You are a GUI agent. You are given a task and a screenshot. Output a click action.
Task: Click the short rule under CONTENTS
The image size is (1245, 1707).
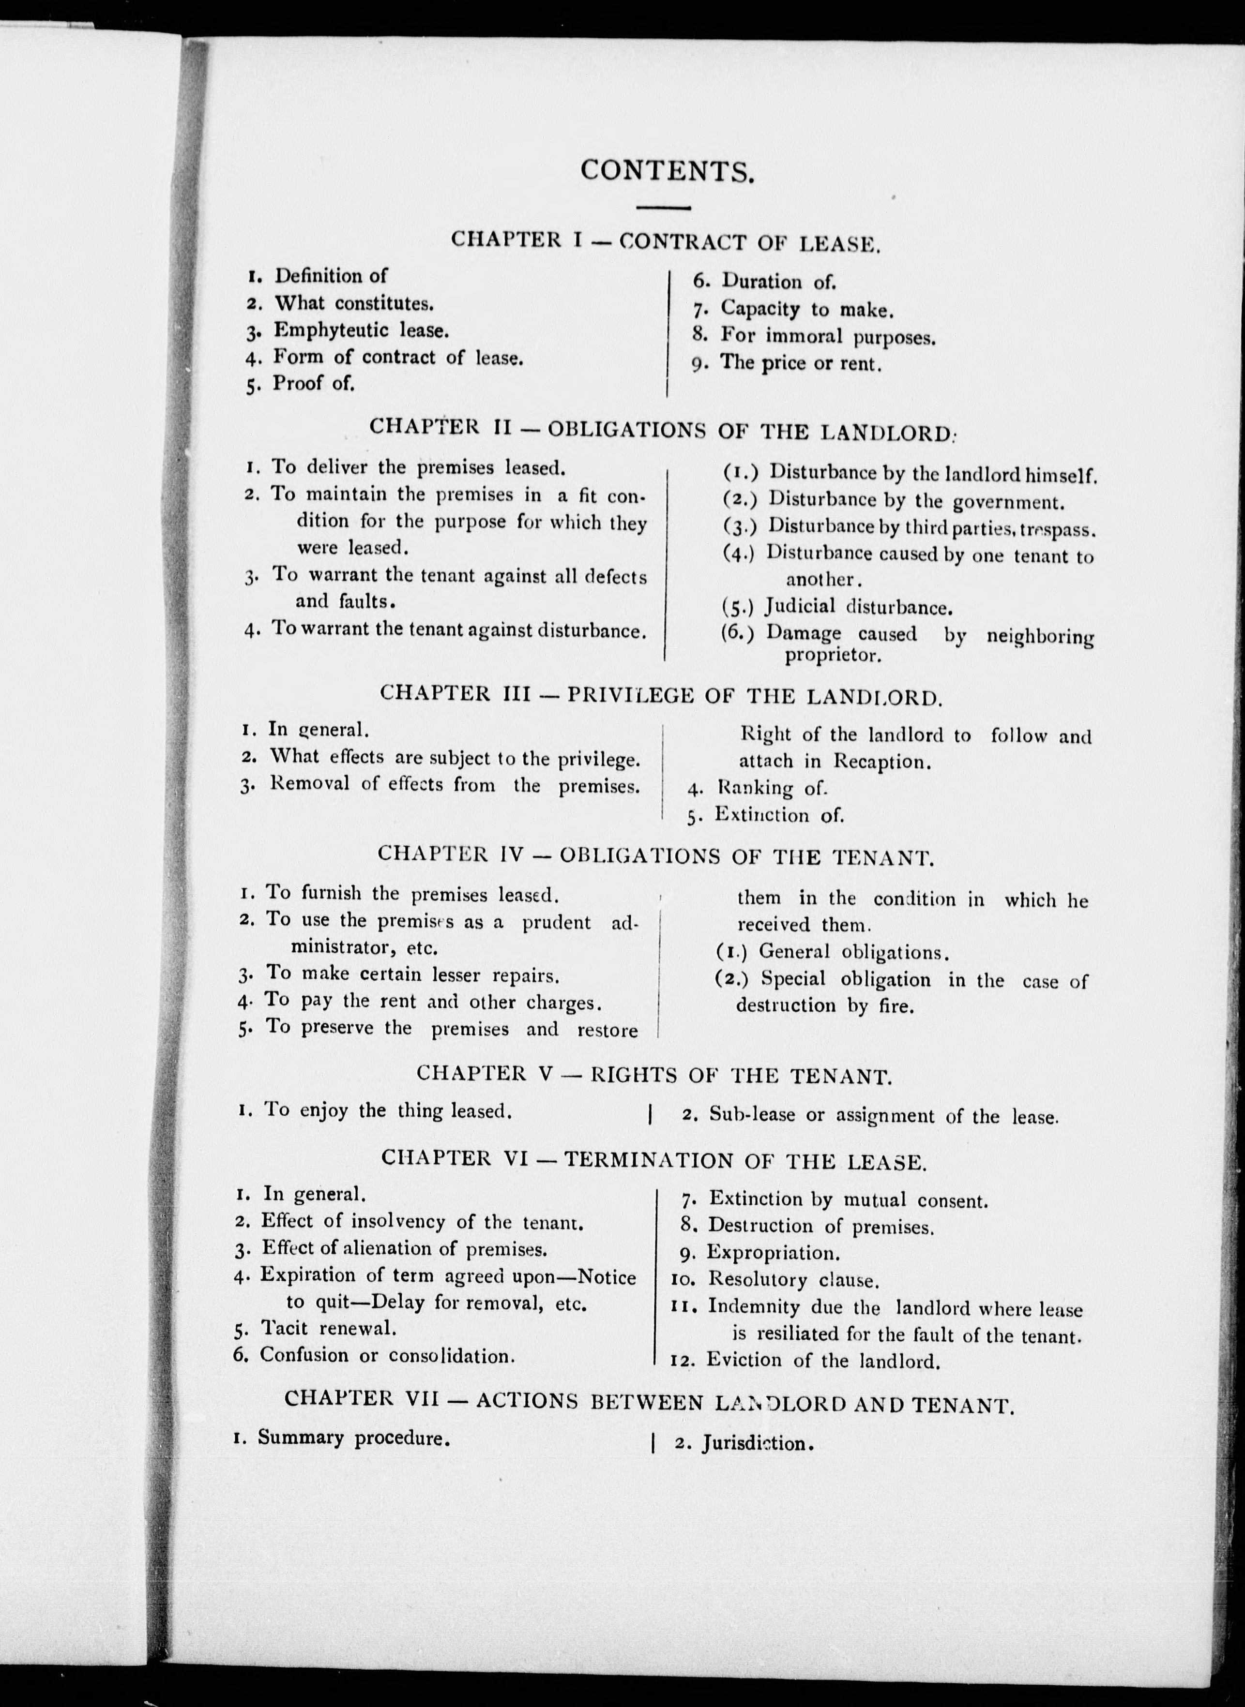(663, 207)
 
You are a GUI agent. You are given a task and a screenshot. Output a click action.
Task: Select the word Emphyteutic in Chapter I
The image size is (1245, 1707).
(331, 330)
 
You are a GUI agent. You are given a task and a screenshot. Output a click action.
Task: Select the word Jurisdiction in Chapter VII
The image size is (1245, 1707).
(756, 1443)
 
